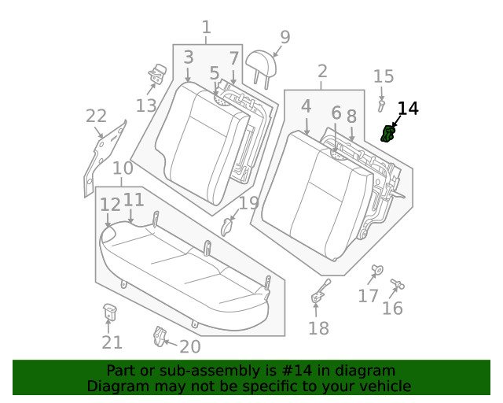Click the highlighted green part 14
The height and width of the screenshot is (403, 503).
tap(387, 135)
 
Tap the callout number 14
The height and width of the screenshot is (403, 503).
tap(408, 109)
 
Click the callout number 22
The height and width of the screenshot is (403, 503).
tap(96, 117)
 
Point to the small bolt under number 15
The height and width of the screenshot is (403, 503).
tap(382, 103)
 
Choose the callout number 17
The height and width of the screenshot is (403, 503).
tap(368, 296)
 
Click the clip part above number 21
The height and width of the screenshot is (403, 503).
tap(110, 312)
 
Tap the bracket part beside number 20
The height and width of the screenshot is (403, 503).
tap(160, 336)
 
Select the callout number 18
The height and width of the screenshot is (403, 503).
tap(318, 328)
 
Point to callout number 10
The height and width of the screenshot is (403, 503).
tap(122, 168)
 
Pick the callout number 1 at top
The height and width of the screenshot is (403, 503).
tap(206, 28)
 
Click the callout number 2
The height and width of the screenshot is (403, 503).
tap(322, 72)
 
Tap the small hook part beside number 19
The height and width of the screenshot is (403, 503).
tap(229, 227)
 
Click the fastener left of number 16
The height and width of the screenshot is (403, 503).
tap(395, 283)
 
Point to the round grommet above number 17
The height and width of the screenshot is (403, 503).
tap(376, 271)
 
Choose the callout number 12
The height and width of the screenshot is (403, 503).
tap(109, 205)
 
